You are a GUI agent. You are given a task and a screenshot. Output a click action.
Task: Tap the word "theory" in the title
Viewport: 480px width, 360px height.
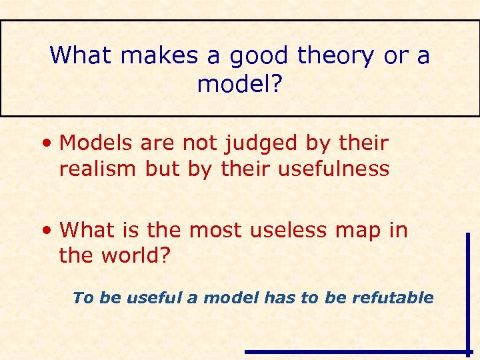[x=337, y=55]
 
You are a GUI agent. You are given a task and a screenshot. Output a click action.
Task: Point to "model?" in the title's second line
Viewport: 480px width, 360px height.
[x=239, y=84]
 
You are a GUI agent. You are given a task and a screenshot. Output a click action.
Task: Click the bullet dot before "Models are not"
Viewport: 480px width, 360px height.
[x=47, y=143]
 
